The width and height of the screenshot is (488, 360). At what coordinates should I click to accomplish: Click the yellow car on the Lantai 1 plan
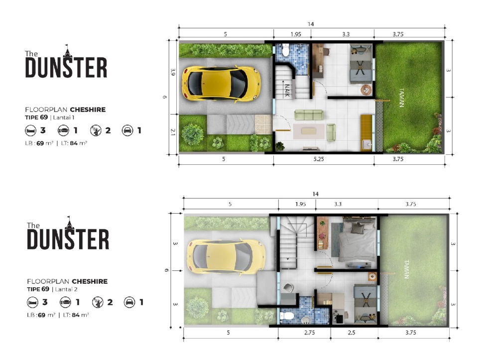(221, 83)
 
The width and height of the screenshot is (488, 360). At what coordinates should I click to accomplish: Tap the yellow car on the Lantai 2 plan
(226, 257)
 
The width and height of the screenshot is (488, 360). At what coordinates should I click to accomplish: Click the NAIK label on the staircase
(287, 90)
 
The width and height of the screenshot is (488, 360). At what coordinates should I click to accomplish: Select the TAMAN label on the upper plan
(401, 98)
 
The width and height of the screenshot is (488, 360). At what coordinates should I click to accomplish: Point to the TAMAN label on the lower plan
(406, 269)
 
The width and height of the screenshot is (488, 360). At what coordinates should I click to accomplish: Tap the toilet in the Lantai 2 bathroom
(287, 316)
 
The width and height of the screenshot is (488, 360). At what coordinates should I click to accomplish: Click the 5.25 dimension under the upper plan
(318, 159)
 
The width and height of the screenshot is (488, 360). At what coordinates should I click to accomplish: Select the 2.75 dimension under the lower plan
(309, 333)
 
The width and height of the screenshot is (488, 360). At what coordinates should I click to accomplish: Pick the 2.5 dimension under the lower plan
(352, 333)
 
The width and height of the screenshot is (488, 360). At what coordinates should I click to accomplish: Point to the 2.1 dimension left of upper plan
(173, 132)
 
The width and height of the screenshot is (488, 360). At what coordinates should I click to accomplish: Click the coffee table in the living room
(309, 131)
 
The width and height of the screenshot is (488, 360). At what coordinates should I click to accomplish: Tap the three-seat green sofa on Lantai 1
(308, 115)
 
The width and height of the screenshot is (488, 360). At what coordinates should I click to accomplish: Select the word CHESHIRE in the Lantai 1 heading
(88, 110)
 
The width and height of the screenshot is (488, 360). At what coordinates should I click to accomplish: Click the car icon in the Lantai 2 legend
(129, 302)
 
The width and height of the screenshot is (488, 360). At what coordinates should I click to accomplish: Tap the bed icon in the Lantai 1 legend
(30, 130)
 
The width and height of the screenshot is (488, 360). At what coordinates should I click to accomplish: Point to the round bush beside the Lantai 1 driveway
(192, 134)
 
